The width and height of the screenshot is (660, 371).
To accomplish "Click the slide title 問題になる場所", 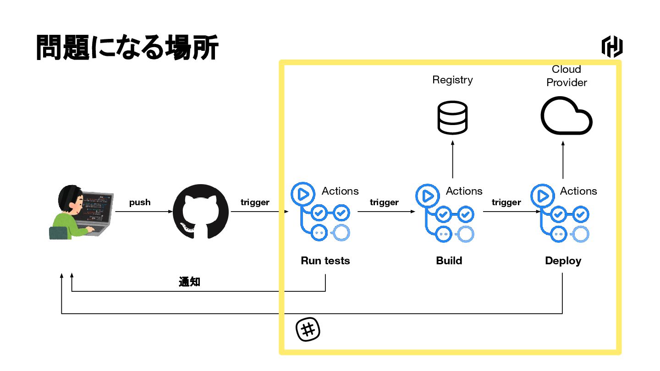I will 127,48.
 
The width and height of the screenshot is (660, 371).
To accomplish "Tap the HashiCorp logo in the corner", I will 612,47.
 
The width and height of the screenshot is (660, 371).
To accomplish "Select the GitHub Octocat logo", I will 200,212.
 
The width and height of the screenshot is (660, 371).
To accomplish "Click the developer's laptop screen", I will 98,207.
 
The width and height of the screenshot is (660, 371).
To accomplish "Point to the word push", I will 140,202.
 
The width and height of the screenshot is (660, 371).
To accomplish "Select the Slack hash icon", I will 308,329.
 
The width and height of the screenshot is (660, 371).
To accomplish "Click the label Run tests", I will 325,261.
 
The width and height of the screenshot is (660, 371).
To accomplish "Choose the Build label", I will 449,261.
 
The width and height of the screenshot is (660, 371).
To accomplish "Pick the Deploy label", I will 563,261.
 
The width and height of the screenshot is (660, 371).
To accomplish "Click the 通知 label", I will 189,282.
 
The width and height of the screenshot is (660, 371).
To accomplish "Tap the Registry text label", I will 452,80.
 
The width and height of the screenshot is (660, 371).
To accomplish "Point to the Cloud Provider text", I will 566,76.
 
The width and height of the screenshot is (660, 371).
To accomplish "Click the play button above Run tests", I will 302,194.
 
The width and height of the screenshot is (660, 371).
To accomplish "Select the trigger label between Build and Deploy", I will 506,202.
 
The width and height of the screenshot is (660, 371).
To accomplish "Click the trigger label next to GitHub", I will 255,202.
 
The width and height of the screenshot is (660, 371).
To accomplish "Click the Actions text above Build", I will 464,191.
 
